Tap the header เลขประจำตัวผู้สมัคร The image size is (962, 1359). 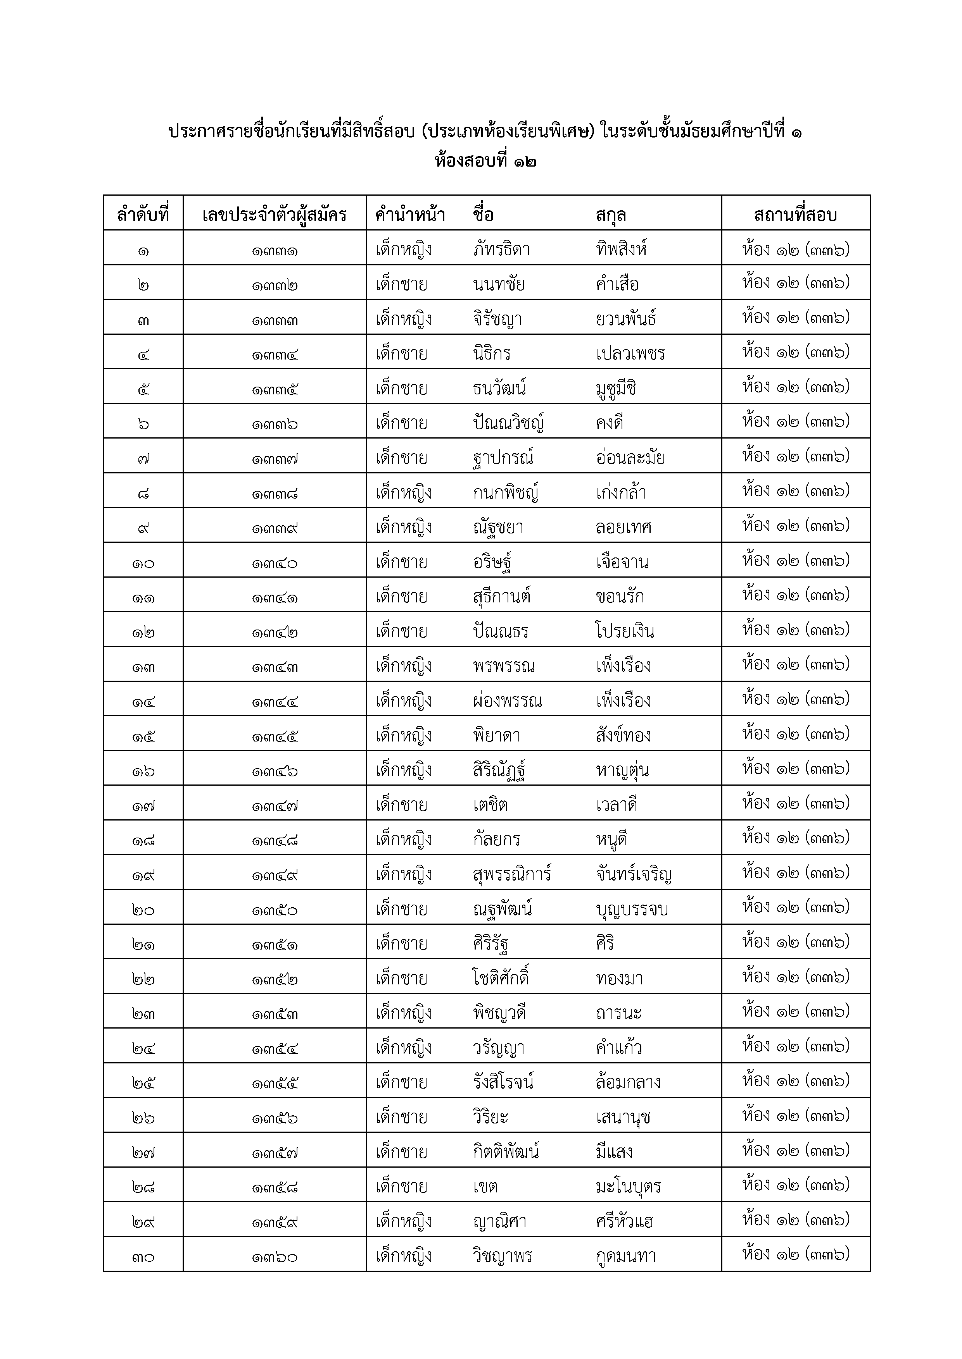tap(274, 214)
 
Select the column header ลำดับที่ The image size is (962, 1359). tap(143, 214)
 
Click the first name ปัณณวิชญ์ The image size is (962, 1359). tap(508, 423)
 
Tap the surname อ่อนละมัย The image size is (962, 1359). tap(630, 458)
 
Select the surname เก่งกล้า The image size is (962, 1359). tap(621, 492)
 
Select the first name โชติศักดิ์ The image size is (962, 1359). tap(501, 978)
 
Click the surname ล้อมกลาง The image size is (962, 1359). tap(628, 1082)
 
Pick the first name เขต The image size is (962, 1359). tap(485, 1187)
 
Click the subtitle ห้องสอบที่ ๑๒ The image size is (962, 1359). tap(485, 161)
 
